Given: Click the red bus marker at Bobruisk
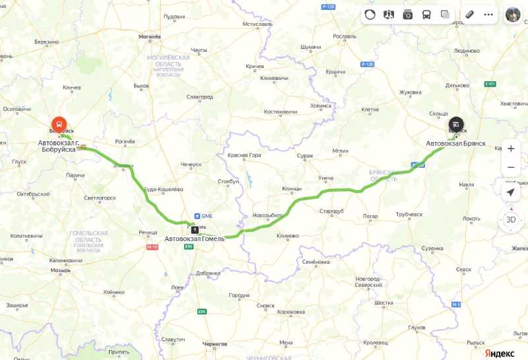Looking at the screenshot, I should [59, 124].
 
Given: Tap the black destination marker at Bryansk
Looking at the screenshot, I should [456, 124].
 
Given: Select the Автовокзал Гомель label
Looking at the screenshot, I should [194, 238].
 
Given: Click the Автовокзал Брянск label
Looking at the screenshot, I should [455, 143].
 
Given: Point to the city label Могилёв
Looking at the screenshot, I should [149, 37].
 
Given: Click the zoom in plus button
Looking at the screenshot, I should [510, 149].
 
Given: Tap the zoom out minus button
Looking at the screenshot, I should [510, 168].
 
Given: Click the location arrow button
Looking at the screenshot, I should [510, 192].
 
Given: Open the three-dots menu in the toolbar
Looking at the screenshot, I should [488, 14].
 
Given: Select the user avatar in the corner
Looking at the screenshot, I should [513, 14].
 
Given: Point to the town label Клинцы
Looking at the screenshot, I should [291, 188].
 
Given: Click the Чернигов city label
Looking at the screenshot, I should [214, 343].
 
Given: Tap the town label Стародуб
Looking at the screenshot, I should [331, 211].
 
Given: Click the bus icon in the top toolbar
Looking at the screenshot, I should [426, 14].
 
